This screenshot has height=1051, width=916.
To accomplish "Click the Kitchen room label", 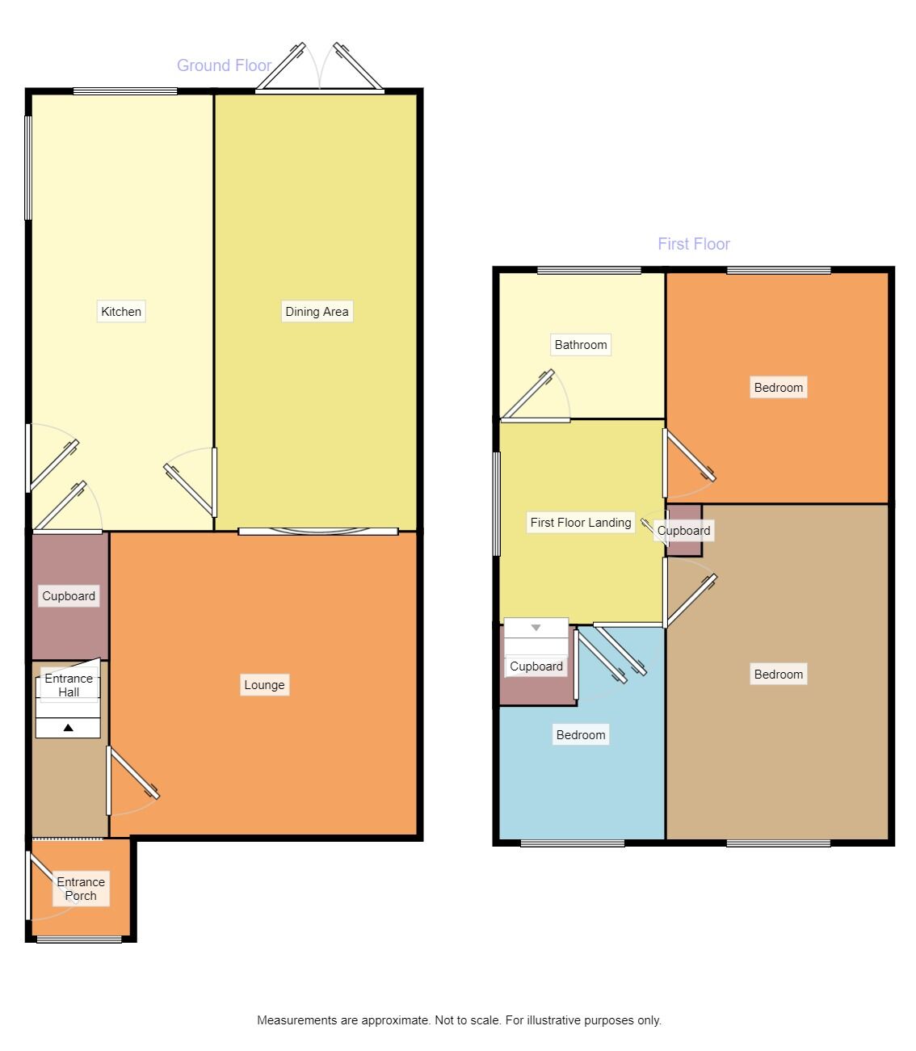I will [x=121, y=312].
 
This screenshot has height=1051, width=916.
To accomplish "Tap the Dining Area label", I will [x=317, y=312].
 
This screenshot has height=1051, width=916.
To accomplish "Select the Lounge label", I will [x=264, y=685].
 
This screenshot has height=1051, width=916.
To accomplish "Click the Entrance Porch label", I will [x=81, y=889].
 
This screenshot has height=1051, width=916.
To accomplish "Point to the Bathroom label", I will [x=580, y=345].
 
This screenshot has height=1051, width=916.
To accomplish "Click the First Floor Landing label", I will [x=580, y=523].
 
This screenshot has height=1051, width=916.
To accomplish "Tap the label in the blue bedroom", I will [x=580, y=735].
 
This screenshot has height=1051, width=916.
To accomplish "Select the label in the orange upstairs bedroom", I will [x=778, y=388].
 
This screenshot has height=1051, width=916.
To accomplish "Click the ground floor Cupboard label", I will [x=69, y=596].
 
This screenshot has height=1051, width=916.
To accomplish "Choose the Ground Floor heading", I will [x=224, y=65].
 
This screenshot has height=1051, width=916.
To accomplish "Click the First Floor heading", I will [x=693, y=244].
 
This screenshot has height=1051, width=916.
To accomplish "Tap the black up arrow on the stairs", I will [x=68, y=728].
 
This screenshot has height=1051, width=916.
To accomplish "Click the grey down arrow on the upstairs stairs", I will [x=536, y=628].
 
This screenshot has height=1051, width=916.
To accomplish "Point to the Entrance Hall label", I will [x=69, y=685].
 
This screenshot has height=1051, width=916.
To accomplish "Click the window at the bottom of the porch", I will [x=79, y=939].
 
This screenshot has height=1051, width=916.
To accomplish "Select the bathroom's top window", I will [x=589, y=271].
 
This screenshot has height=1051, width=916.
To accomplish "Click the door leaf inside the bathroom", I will [x=529, y=396].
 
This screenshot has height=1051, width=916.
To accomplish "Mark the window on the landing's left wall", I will [x=497, y=503].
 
